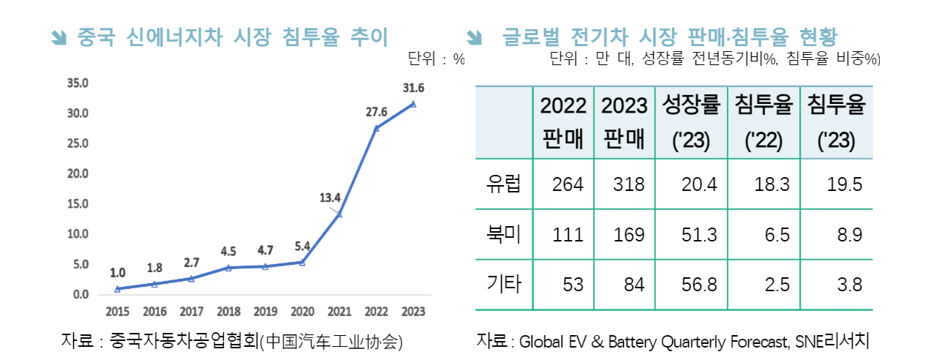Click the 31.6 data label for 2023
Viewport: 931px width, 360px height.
(413, 89)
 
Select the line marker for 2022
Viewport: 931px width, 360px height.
(376, 129)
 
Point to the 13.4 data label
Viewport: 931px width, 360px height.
(331, 197)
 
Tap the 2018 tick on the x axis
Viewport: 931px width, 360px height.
(228, 312)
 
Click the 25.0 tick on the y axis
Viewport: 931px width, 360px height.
(78, 143)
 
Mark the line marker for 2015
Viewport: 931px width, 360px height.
(118, 289)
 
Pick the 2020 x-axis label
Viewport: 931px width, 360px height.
(302, 312)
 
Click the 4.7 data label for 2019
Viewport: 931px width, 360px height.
(265, 251)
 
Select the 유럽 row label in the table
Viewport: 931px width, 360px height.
(504, 184)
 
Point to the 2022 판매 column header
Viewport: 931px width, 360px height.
(563, 123)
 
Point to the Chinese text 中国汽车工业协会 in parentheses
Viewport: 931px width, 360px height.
(331, 341)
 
